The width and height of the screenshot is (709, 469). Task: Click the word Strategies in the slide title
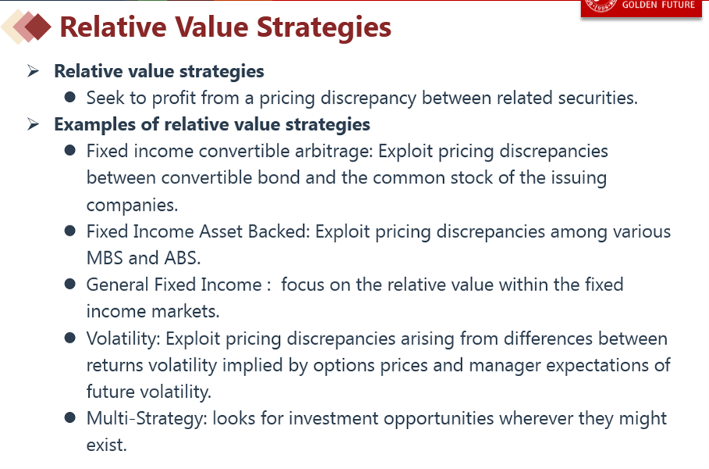[324, 28]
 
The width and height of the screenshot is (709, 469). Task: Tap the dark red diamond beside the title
[37, 27]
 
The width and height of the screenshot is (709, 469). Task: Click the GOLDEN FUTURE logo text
[658, 5]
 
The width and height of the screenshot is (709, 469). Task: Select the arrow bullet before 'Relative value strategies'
[33, 71]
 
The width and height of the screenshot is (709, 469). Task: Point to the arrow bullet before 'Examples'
[33, 124]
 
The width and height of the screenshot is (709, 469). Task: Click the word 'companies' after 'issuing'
[132, 205]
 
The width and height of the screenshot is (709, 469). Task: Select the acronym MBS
[105, 258]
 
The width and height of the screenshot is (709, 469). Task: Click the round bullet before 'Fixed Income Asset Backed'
[69, 231]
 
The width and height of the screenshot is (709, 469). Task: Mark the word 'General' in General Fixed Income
[118, 285]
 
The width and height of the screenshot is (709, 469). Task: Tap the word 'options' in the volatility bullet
[344, 365]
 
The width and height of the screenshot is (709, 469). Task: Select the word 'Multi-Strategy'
[147, 418]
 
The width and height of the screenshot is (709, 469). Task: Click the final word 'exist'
[107, 445]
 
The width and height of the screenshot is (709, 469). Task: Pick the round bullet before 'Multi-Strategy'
[69, 417]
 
